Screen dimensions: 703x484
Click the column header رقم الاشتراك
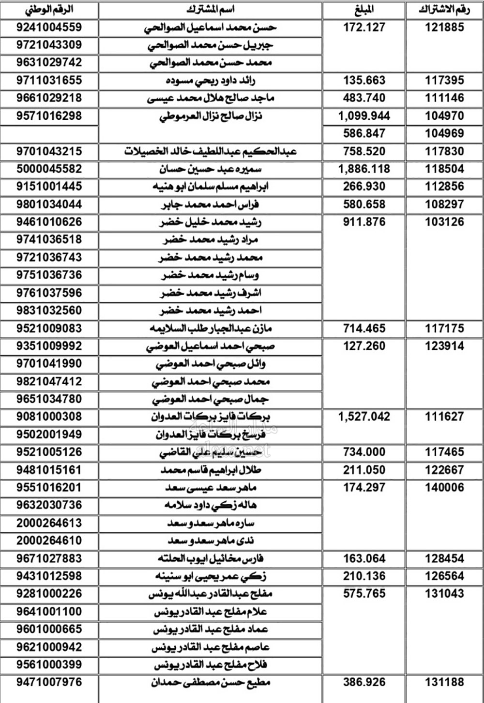point(444,10)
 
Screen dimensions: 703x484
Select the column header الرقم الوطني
point(49,10)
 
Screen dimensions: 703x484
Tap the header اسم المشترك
point(210,10)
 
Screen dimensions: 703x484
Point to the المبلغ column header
point(364,10)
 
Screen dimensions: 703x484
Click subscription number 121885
point(444,27)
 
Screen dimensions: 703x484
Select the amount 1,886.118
point(364,169)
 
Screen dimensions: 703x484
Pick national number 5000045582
point(49,169)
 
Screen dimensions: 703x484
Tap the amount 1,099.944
point(364,116)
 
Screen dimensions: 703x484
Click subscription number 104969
point(444,133)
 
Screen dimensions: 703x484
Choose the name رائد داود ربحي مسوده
point(211,80)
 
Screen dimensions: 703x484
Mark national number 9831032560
point(49,311)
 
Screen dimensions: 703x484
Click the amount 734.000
point(364,452)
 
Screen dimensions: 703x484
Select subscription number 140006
point(444,488)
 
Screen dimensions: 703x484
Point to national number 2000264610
point(49,541)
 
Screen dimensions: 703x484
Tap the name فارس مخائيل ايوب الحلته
point(211,559)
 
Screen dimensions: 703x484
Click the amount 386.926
point(364,683)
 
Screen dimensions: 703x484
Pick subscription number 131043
point(444,594)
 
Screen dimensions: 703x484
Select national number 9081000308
point(49,417)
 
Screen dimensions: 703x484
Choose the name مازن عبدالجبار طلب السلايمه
point(211,329)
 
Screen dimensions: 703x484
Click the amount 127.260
point(364,346)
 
